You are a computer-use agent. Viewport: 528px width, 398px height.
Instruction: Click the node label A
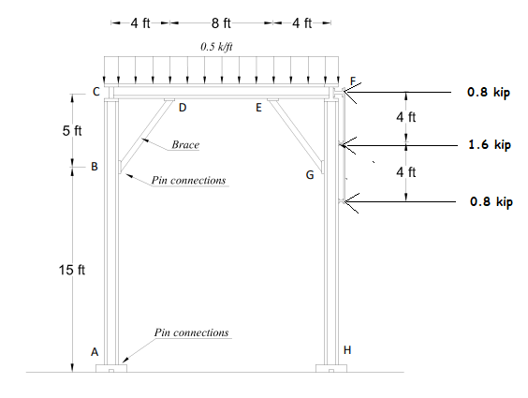[x=94, y=352]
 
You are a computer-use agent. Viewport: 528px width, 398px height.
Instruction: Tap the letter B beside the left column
[x=94, y=167]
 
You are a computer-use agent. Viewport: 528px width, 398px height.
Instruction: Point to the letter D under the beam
[x=182, y=108]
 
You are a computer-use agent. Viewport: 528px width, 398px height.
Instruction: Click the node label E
[x=259, y=108]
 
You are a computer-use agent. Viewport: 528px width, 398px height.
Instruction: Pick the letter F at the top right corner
[x=352, y=81]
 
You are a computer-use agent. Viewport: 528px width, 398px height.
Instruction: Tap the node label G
[x=309, y=175]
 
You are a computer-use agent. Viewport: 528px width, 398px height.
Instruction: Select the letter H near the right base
[x=348, y=349]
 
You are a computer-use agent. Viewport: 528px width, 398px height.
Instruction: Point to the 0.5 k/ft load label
[x=217, y=45]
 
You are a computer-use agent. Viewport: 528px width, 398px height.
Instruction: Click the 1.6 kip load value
[x=490, y=145]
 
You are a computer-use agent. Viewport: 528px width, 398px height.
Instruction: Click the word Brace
[x=185, y=146]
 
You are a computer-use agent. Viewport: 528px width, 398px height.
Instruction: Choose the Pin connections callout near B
[x=189, y=180]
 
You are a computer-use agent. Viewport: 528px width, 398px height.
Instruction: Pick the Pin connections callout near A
[x=191, y=332]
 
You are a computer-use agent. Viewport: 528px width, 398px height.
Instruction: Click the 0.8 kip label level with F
[x=490, y=93]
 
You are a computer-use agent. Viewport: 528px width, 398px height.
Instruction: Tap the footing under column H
[x=331, y=368]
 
